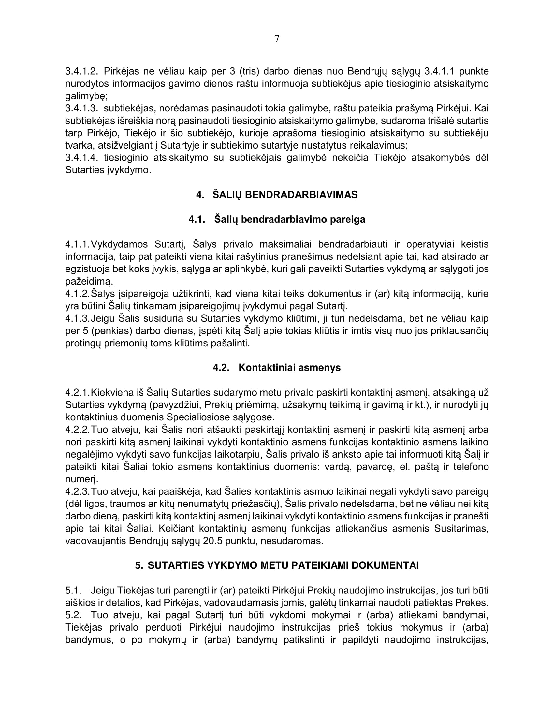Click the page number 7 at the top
pos(277,39)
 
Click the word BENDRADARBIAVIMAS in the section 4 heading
pos(301,195)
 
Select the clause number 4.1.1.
pos(78,244)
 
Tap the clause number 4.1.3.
pos(78,318)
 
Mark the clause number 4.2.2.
pos(78,430)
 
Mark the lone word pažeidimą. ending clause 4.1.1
pos(89,281)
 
